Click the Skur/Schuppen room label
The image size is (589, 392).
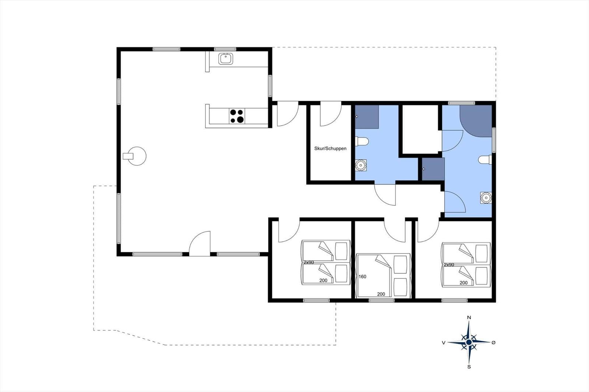pos(330,149)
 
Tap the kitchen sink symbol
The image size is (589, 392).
pos(225,58)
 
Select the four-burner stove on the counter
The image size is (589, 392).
pos(237,116)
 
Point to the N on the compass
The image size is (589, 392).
pos(469,317)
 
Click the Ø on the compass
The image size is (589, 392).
pos(494,342)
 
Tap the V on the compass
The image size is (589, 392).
pos(444,343)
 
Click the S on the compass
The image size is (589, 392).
pos(469,367)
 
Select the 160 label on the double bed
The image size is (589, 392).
pos(363,277)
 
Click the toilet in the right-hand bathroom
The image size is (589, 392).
pos(485,160)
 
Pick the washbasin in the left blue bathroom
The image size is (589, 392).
pos(361,165)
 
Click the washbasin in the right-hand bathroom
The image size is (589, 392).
pos(486,198)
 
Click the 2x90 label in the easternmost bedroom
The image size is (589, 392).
pos(449,265)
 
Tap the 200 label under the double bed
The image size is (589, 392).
pos(381,294)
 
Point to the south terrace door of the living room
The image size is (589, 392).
pos(200,245)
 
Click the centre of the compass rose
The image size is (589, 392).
pos(469,342)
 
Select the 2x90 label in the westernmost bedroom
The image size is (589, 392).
pos(308,263)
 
